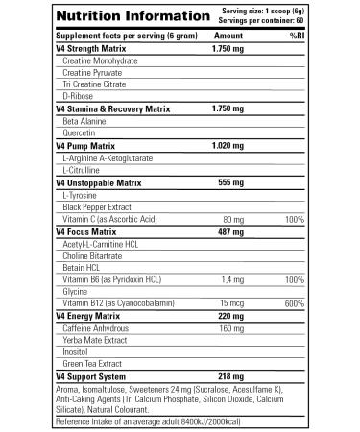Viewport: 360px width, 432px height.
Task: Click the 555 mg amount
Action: tap(228, 181)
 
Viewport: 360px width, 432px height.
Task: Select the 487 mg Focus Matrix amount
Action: tap(228, 231)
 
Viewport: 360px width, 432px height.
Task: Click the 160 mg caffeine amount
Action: tap(231, 328)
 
